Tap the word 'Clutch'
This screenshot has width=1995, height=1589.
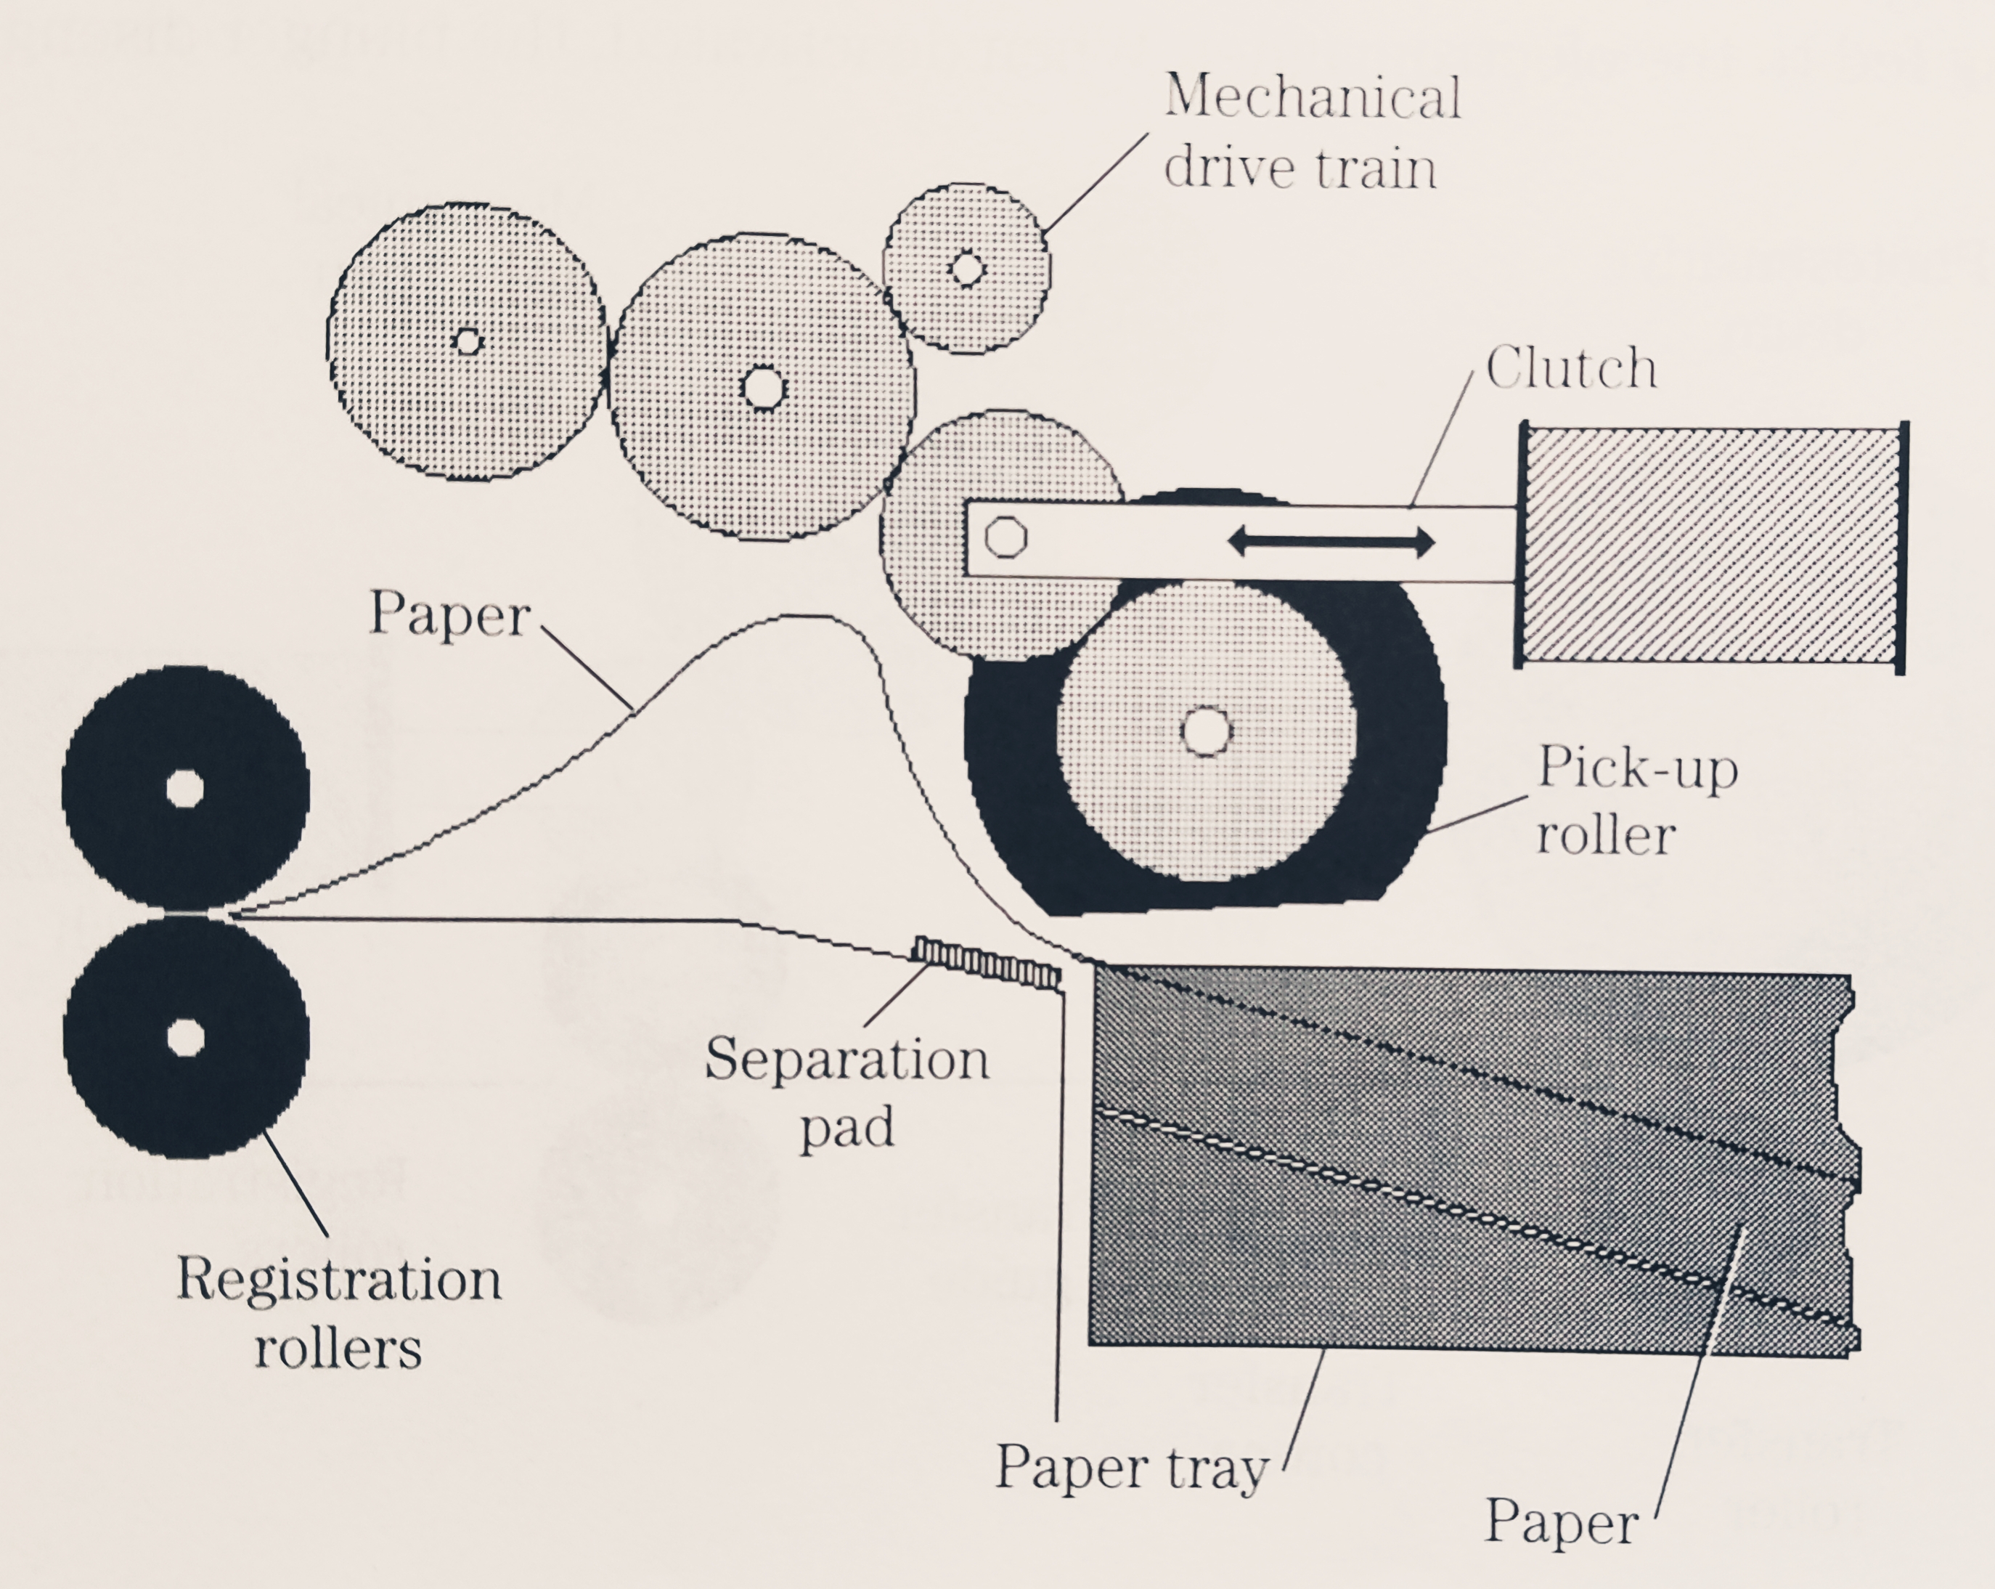point(1570,368)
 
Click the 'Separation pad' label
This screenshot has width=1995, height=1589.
point(846,1093)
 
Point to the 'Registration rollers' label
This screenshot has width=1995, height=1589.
point(338,1313)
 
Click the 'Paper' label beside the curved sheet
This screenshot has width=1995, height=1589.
point(449,614)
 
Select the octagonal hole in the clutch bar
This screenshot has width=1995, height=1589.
point(1005,537)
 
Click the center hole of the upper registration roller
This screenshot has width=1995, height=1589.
point(185,789)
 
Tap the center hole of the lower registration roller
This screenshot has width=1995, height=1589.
point(185,1038)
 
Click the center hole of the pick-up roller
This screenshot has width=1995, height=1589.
point(1207,731)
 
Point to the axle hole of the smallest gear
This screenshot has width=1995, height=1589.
point(967,269)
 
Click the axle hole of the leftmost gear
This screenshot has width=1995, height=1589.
point(468,342)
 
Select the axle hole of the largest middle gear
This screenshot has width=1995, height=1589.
point(764,389)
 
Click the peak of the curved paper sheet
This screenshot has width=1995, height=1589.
point(805,617)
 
